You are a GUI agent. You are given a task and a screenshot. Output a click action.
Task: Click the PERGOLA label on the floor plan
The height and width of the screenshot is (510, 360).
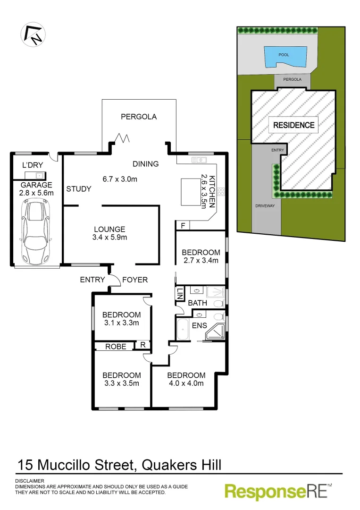click(x=139, y=117)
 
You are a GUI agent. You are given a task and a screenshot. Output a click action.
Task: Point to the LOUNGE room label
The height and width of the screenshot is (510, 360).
click(x=109, y=229)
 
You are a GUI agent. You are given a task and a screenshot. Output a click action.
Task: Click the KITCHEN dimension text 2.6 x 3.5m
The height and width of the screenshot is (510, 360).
click(x=204, y=191)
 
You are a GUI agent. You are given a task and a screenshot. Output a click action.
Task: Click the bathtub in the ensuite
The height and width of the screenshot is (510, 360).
click(x=182, y=330)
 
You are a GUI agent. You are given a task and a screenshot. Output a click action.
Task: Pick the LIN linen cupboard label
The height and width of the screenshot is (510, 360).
click(x=180, y=295)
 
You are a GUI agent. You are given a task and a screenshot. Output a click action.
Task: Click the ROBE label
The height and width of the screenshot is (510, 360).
click(x=116, y=347)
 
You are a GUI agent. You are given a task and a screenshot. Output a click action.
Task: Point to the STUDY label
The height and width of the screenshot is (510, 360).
click(x=79, y=189)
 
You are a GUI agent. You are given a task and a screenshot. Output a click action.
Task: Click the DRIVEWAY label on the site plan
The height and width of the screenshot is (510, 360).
click(x=265, y=206)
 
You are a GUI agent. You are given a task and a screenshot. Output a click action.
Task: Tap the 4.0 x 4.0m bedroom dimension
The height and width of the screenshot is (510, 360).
click(x=186, y=383)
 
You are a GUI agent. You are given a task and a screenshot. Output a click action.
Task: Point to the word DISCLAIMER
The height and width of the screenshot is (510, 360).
click(x=30, y=481)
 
